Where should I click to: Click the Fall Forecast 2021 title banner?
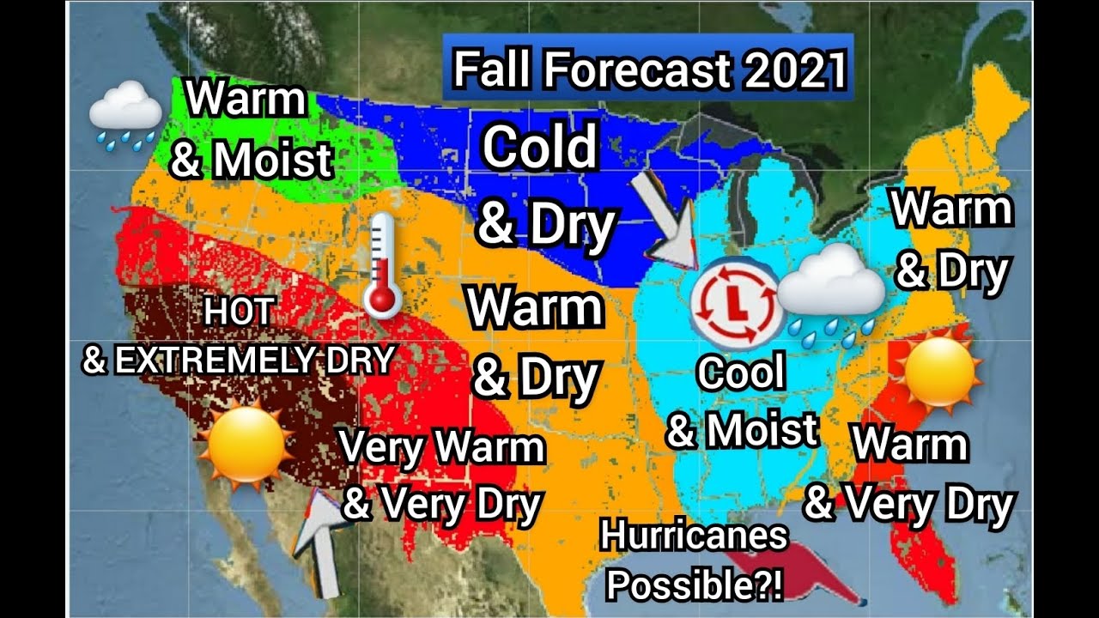click(648, 69)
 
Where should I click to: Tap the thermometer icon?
click(381, 266)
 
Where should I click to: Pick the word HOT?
click(239, 313)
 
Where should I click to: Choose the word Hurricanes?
click(694, 536)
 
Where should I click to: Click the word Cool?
click(741, 374)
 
